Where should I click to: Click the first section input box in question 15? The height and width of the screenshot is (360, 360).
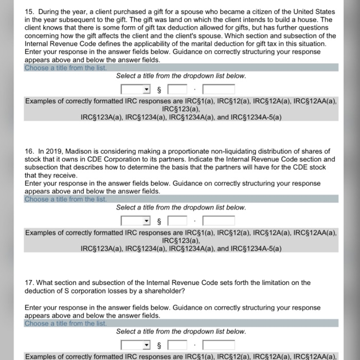pyautogui.click(x=177, y=89)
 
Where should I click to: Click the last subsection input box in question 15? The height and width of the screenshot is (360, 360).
pyautogui.click(x=219, y=89)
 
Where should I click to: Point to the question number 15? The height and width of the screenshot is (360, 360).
pyautogui.click(x=29, y=11)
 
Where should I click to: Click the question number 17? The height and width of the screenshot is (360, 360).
pyautogui.click(x=29, y=282)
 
